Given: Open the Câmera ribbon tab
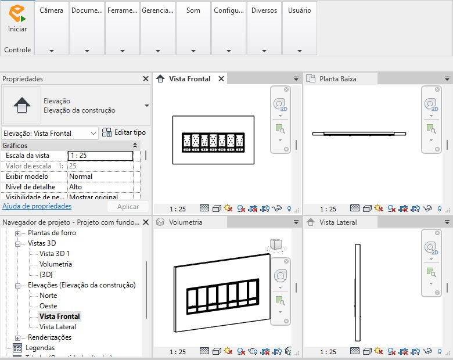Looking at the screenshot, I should point(52,10).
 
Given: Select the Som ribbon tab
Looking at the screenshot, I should point(193,10).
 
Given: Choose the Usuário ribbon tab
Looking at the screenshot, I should point(299,10).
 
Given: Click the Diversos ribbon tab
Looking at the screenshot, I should point(264,10).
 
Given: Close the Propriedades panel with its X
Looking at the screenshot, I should point(146,79).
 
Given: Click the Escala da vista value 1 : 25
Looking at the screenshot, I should point(100,156).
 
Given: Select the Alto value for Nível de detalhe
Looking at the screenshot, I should point(100,187).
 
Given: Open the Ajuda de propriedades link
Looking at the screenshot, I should point(37,206).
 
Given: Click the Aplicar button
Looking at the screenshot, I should point(128,207).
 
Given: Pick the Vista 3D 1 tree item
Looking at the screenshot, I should point(55,254).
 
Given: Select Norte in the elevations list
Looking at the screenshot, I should point(48,296).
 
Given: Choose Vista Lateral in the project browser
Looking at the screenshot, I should point(57,327).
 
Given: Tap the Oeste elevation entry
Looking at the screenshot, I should point(48,306).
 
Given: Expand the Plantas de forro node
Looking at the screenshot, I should point(17,233).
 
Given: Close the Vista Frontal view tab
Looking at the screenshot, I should point(221,79).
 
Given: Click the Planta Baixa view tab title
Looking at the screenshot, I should point(338,79).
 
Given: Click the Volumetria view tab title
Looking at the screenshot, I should point(185,222).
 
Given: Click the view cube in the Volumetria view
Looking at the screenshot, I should point(276,244).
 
